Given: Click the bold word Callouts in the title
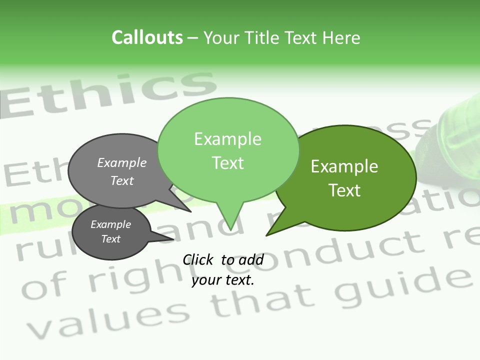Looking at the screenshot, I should pos(147,37).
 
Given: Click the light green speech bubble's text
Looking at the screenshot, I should pos(228,151).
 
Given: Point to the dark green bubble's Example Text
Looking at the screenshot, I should pos(344,178).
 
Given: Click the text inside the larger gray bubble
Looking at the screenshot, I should pos(122,171).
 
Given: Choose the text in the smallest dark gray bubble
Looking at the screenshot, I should pos(111,231).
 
